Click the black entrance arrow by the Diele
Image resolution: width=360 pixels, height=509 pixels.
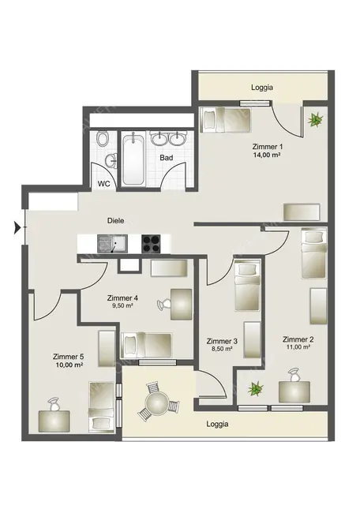(x=17, y=229)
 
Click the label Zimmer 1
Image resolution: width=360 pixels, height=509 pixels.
(x=268, y=146)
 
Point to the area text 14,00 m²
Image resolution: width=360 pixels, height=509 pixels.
(x=268, y=155)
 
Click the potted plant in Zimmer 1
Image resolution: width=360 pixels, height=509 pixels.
(x=316, y=120)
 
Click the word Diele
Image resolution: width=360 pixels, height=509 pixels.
(x=118, y=222)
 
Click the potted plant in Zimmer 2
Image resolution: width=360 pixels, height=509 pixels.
(x=255, y=388)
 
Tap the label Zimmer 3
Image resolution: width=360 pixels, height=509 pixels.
(x=222, y=341)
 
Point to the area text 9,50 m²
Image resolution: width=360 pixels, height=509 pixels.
(x=122, y=306)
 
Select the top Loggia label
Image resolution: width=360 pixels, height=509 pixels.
(x=261, y=88)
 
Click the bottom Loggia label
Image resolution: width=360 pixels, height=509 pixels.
(x=217, y=425)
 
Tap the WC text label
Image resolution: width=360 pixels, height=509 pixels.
(x=104, y=183)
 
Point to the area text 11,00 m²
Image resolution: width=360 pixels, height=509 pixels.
(x=298, y=346)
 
